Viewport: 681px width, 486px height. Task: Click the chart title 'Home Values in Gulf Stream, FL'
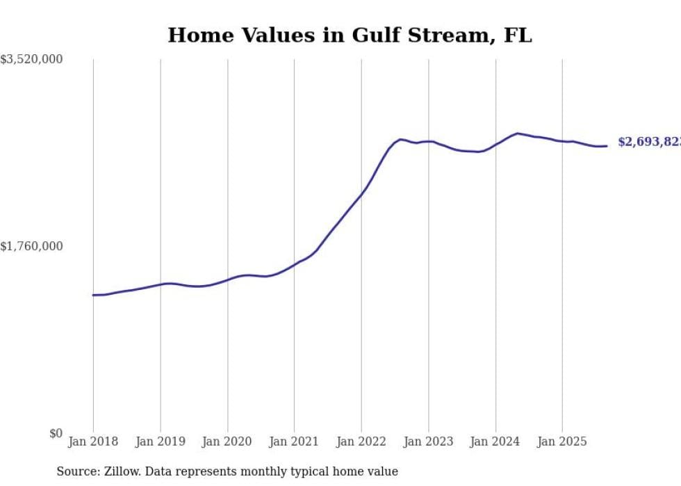350,35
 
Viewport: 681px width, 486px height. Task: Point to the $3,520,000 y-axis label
31,60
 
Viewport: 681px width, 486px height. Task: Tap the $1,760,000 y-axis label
31,246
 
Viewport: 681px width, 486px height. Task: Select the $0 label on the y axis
56,434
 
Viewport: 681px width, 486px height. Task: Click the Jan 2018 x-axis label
93,442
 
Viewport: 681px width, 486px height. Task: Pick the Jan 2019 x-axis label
161,442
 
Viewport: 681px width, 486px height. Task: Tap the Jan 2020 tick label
227,442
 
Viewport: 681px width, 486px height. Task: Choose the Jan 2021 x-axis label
294,442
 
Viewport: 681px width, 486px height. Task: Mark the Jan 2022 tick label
361,442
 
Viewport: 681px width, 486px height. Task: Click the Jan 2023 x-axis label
428,442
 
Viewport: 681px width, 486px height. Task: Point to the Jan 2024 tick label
495,442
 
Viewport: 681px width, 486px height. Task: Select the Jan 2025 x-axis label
562,442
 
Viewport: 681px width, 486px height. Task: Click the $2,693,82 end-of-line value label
649,142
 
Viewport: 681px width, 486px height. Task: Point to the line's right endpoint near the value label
607,146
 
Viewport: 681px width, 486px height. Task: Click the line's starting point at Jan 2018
93,295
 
